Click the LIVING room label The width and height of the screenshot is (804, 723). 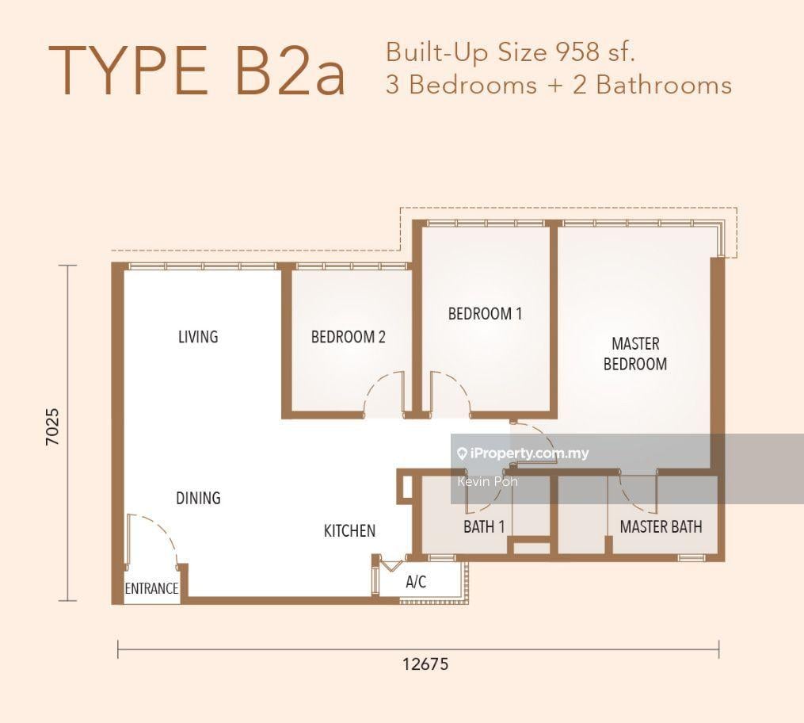click(198, 337)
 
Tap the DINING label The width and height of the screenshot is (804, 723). click(198, 498)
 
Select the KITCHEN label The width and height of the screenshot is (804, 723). click(349, 530)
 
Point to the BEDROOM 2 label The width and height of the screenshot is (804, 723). click(349, 337)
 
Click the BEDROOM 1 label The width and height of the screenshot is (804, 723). click(485, 313)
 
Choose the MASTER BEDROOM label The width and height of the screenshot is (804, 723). click(635, 354)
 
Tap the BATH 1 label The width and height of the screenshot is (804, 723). click(484, 526)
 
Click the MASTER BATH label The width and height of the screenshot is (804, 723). click(661, 526)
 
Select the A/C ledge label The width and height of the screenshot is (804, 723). click(416, 582)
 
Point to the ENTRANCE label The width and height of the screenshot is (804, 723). click(152, 588)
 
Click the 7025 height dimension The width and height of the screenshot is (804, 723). click(53, 427)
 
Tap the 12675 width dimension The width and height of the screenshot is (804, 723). click(425, 664)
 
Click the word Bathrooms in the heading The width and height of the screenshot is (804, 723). click(664, 85)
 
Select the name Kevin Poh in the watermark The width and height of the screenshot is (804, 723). click(488, 482)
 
